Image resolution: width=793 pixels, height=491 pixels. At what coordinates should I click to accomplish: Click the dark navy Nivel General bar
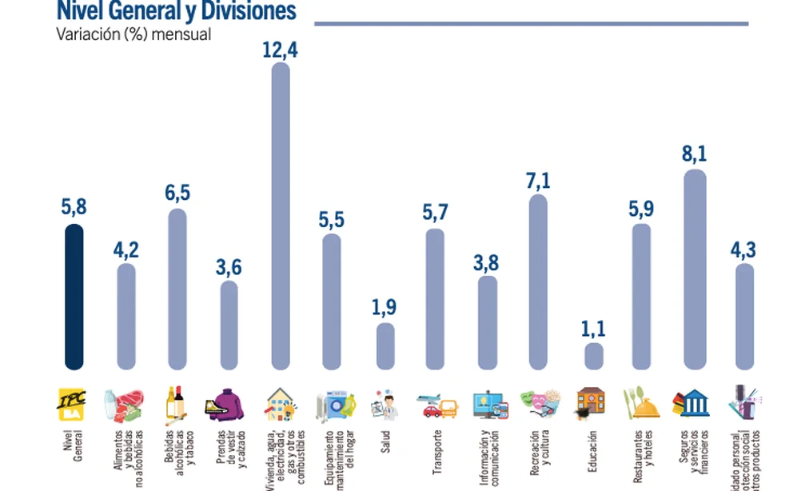pos(74,297)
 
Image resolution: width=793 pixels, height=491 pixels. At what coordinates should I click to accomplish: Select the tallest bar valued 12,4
pos(281,216)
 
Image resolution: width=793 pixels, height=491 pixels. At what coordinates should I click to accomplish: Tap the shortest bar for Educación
pos(593,356)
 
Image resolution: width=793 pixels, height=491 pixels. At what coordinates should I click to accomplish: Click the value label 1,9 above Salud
pos(385,306)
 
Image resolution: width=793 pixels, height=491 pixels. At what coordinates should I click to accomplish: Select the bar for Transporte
pos(435,299)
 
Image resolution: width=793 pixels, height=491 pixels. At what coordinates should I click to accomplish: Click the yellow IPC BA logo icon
pos(74,402)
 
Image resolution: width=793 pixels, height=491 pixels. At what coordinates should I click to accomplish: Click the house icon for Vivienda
pos(280,402)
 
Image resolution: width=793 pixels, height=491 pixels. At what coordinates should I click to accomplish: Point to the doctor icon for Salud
pos(385,405)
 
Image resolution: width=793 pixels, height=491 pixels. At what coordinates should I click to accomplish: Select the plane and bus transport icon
pos(436,405)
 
